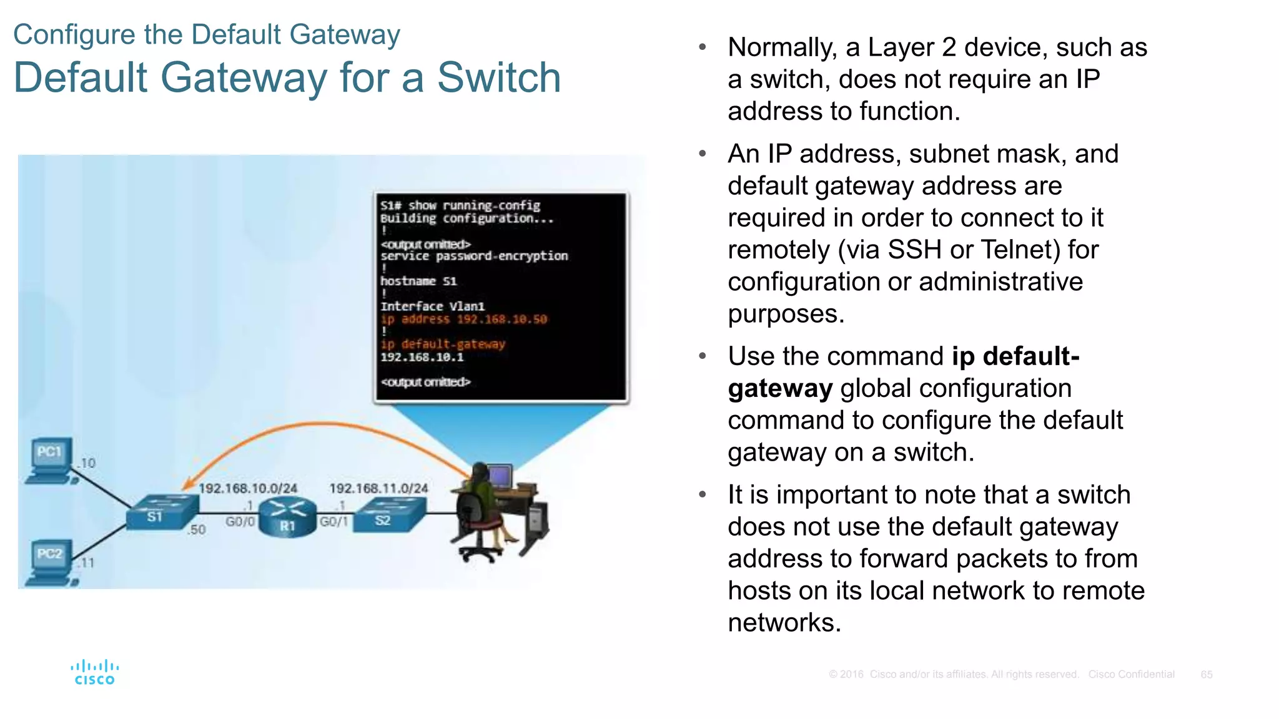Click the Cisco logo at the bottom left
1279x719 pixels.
94,673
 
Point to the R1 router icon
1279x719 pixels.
287,517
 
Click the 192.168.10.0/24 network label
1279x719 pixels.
248,488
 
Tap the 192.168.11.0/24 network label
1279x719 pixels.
378,488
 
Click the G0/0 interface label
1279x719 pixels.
240,522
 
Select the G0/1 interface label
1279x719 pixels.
333,522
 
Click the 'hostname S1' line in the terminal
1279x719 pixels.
418,281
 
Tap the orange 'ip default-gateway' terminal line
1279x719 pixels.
443,344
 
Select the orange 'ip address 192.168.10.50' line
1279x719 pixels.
463,319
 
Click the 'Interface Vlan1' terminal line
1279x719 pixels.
432,306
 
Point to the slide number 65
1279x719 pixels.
1206,675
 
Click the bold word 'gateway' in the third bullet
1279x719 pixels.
780,389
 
